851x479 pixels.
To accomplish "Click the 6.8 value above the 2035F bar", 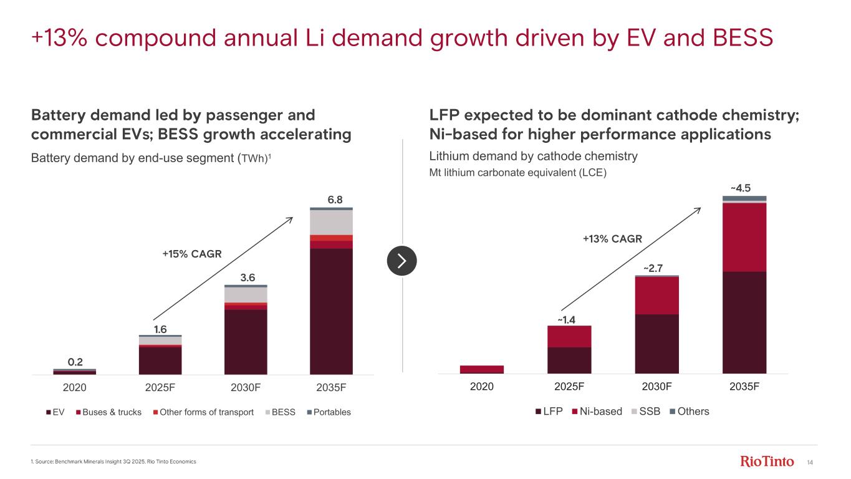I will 335,200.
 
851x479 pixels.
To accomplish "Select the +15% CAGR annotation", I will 191,254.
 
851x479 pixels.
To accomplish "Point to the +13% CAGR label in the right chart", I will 612,238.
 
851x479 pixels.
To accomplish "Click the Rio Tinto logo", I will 767,462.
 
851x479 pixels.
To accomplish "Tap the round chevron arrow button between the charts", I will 401,261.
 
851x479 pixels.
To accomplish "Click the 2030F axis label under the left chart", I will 245,387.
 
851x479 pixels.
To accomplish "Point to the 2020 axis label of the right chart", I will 481,386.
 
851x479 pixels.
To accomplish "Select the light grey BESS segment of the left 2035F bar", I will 331,223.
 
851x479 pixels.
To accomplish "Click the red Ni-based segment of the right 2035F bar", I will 744,237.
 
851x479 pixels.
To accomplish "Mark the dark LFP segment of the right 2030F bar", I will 656,344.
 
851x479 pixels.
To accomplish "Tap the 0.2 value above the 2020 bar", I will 75,362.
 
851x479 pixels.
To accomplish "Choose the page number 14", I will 810,462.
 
